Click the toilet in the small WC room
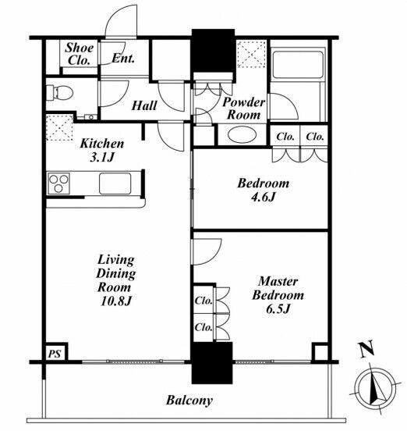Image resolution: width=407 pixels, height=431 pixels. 59,92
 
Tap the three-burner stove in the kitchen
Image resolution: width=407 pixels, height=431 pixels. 58,183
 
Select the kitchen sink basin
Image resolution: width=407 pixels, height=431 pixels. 115,183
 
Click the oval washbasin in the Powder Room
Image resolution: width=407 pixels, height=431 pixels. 242,134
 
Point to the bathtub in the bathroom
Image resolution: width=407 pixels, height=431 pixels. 298,64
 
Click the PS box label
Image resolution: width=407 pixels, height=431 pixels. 55,354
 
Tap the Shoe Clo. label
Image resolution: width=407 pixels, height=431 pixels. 79,54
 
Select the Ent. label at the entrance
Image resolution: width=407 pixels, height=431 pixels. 123,59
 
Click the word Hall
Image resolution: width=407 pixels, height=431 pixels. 144,105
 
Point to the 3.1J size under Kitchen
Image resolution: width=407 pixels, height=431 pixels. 102,158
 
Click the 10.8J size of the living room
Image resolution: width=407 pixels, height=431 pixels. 116,301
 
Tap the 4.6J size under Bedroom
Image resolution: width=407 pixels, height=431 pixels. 263,197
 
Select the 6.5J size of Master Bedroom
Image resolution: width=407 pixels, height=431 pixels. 278,309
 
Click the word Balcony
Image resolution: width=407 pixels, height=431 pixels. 189,401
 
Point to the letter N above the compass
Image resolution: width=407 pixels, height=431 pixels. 366,348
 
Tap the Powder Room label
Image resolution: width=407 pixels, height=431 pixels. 244,109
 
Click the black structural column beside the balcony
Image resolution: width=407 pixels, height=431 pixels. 212,363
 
